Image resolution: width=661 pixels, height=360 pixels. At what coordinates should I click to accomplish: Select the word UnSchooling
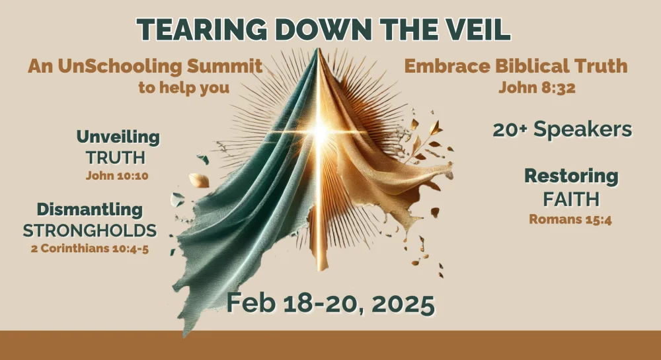click(x=120, y=67)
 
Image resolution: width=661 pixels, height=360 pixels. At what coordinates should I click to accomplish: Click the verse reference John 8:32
click(x=537, y=88)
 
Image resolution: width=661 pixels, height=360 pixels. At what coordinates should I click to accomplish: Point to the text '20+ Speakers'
click(x=563, y=129)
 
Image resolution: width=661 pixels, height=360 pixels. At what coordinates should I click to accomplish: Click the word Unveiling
click(x=118, y=137)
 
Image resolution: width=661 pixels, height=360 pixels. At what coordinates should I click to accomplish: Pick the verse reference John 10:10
click(x=117, y=176)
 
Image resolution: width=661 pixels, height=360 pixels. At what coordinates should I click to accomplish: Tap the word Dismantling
click(x=89, y=209)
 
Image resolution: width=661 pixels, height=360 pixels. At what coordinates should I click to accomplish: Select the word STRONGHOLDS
click(x=90, y=231)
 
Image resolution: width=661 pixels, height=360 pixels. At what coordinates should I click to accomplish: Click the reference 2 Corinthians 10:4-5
click(x=90, y=248)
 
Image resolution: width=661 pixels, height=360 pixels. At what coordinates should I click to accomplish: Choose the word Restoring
click(x=571, y=176)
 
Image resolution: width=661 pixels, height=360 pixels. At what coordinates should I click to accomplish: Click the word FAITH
click(x=571, y=199)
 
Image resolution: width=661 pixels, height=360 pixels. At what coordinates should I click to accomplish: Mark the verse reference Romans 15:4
click(x=570, y=219)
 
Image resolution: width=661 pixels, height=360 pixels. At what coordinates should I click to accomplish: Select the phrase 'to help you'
click(x=184, y=88)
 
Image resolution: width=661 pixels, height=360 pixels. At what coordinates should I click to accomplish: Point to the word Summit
click(x=224, y=67)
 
